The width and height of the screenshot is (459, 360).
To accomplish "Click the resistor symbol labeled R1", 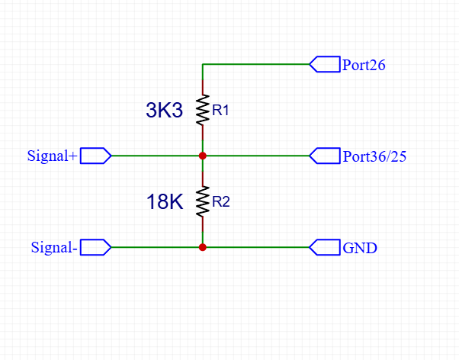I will (x=203, y=110).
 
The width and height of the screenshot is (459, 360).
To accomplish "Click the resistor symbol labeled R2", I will (x=203, y=201).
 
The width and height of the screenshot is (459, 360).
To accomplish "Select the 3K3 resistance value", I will (x=165, y=111).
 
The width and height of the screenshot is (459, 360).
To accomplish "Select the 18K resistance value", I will (x=165, y=202).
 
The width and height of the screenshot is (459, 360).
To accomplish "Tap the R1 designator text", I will (x=220, y=111).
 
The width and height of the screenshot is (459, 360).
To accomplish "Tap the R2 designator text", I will (x=220, y=202).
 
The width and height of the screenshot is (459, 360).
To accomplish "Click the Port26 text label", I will (x=364, y=65).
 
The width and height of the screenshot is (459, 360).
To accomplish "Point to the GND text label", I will (x=360, y=248).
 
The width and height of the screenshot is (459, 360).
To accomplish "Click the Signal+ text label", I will (x=52, y=156).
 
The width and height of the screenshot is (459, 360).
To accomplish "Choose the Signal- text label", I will (x=54, y=248).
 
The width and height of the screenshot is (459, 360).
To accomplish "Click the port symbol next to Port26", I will (x=325, y=65).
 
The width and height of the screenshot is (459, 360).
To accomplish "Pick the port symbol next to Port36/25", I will (x=325, y=156).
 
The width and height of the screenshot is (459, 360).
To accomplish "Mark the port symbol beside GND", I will (x=325, y=247).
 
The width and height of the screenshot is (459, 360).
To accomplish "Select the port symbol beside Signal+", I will (x=95, y=156).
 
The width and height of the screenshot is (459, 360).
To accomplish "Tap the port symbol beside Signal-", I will (x=95, y=247).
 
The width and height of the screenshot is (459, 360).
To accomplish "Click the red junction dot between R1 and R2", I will (x=203, y=156).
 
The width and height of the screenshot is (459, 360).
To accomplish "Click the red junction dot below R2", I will (x=203, y=247).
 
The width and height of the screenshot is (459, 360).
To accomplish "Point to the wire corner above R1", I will (x=203, y=65).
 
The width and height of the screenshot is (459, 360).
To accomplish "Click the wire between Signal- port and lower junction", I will (x=156, y=247).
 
